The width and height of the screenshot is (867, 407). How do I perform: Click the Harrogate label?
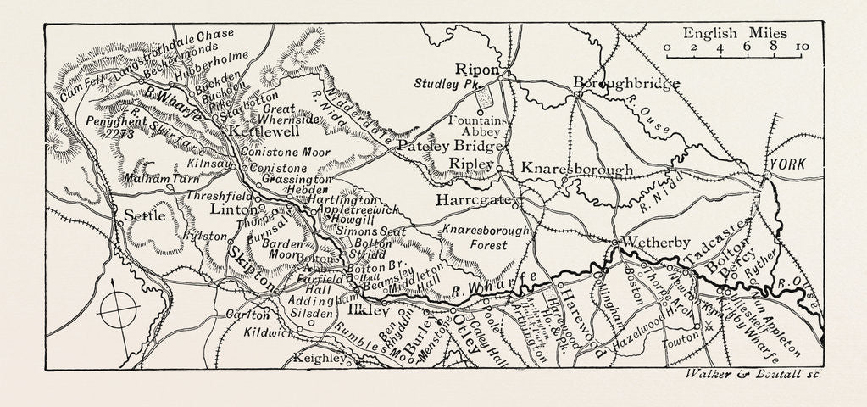point(470,201)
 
